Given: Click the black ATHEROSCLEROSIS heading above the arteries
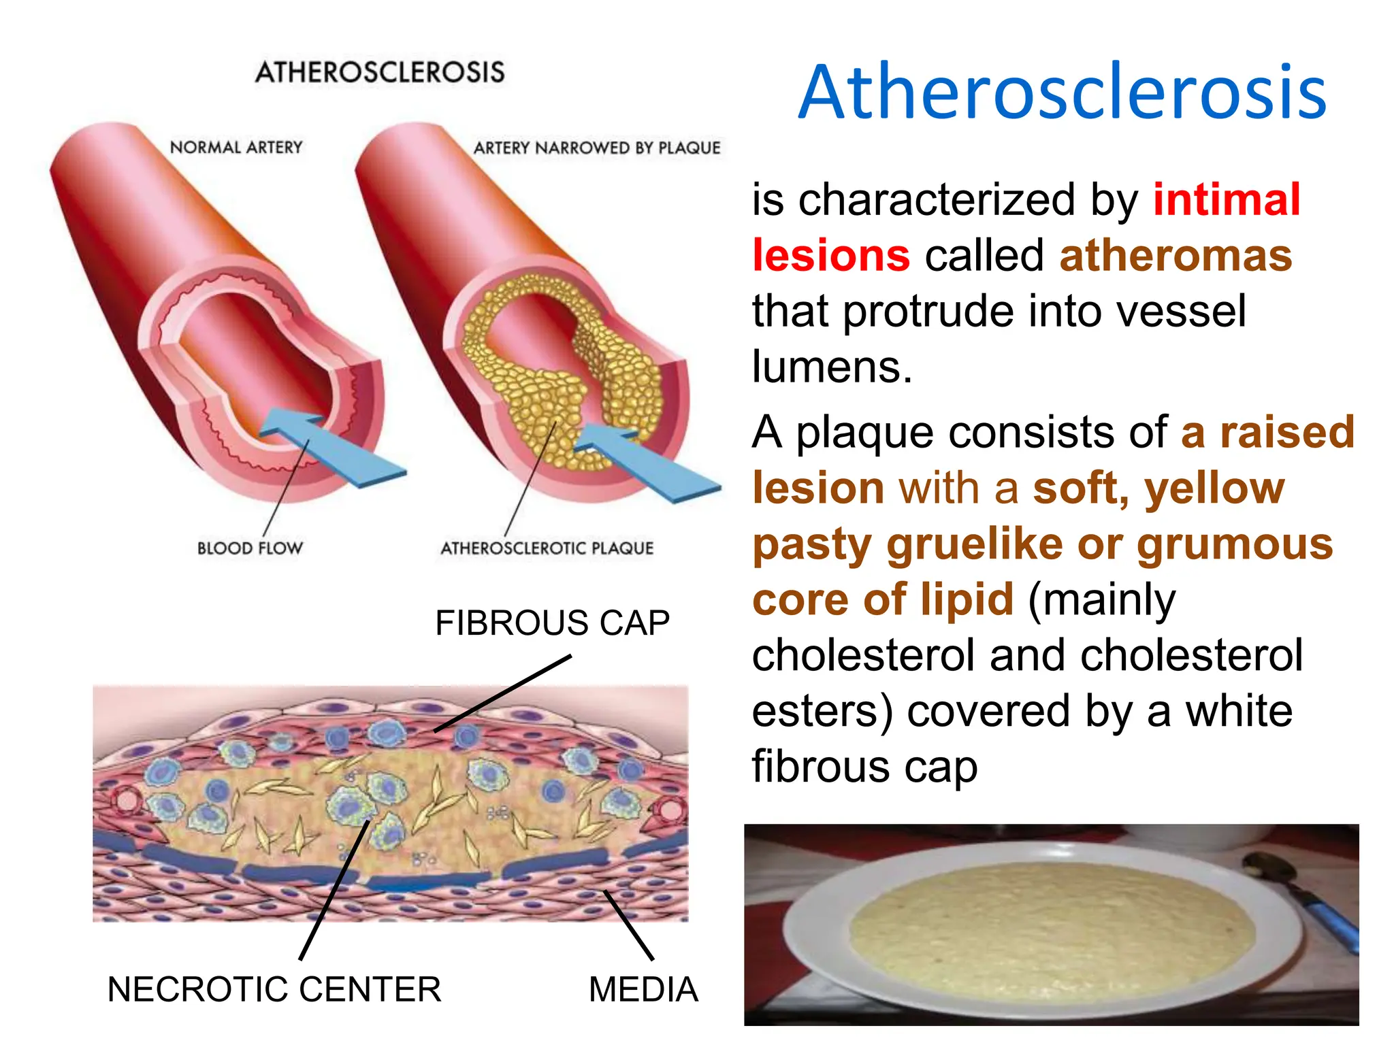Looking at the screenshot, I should coord(380,72).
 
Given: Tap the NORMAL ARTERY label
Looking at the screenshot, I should coord(236,148).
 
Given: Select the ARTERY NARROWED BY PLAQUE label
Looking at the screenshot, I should coord(597,148).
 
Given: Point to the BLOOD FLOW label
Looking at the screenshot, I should coord(250,548).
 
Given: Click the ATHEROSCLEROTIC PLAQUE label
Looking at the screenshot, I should coord(547,548).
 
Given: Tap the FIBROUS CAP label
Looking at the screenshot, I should coord(552,623).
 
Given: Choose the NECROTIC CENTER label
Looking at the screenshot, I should coord(274,989).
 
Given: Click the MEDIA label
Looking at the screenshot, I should coord(643,989).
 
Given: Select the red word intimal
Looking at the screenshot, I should coord(1227,199).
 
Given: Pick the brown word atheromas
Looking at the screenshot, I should coord(1176,256).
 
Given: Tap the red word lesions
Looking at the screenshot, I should coord(830,256).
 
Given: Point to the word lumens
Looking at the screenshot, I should coord(832,367).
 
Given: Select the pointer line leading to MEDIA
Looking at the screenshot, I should coord(628,925).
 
